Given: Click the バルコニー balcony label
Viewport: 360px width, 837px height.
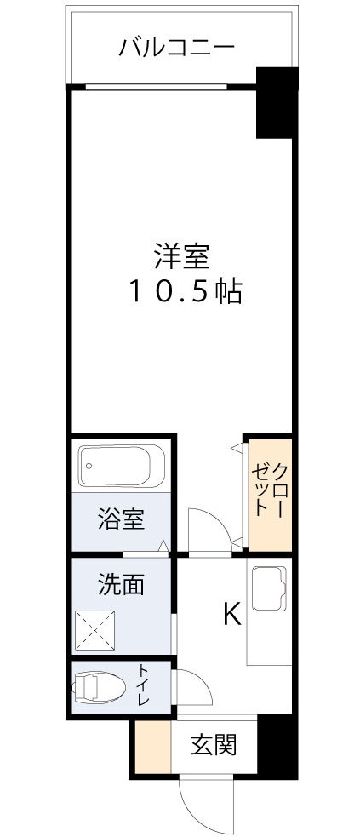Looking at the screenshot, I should (x=176, y=46).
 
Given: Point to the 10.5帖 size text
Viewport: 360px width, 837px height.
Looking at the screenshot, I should (x=185, y=292).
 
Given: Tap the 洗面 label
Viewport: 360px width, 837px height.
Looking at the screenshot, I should (x=120, y=585).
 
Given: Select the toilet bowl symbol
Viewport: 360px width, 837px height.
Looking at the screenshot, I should (x=100, y=687).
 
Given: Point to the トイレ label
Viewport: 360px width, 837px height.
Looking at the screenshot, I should (x=142, y=687).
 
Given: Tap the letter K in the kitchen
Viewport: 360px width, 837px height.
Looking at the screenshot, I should (x=231, y=614).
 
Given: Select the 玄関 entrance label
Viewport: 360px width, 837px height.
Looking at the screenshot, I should (x=212, y=746).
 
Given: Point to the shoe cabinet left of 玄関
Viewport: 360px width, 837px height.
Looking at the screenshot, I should (x=154, y=747).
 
